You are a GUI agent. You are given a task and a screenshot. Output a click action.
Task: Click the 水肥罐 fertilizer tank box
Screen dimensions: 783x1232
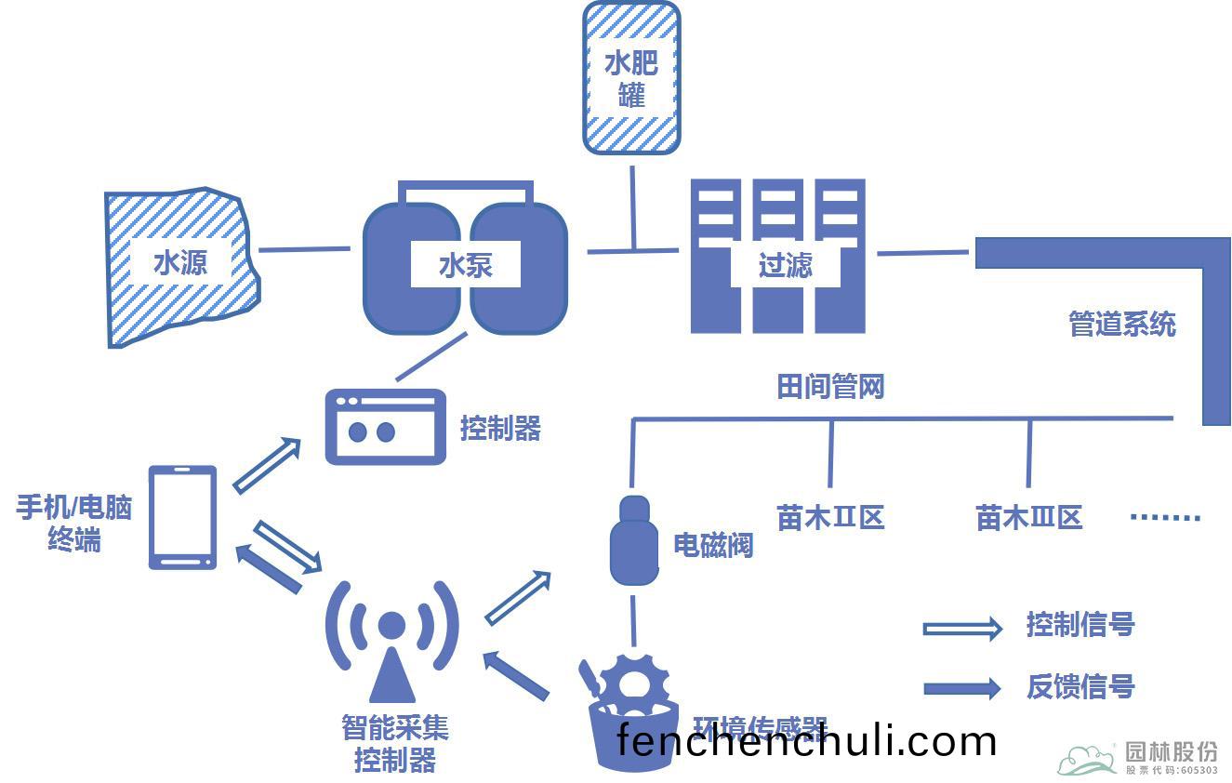click(631, 77)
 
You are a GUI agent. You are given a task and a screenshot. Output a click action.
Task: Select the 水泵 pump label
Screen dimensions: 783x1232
click(465, 266)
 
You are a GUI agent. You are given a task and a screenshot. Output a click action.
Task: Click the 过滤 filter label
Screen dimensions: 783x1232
click(786, 266)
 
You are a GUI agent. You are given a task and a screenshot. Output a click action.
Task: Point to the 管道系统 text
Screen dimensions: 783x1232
click(1122, 325)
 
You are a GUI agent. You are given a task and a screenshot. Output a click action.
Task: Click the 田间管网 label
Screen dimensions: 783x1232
click(830, 387)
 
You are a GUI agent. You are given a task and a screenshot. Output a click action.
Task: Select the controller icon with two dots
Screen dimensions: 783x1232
click(385, 427)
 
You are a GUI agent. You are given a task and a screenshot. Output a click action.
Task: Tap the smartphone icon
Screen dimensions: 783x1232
click(183, 517)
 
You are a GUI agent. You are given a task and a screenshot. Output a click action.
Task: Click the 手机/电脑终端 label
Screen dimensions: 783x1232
click(74, 523)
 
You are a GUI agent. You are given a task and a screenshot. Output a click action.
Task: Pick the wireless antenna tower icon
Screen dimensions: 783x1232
click(391, 642)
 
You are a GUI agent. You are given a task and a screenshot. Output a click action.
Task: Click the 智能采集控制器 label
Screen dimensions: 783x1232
click(395, 744)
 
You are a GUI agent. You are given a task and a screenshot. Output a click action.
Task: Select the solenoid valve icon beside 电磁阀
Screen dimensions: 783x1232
click(634, 541)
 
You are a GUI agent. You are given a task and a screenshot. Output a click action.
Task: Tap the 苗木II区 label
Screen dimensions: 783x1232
click(830, 517)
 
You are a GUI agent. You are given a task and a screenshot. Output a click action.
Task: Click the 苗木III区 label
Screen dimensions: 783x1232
click(1029, 517)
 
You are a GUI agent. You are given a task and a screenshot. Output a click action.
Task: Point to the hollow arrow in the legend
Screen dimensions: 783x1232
click(961, 629)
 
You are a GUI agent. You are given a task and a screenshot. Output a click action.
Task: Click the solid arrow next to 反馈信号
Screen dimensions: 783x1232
click(961, 688)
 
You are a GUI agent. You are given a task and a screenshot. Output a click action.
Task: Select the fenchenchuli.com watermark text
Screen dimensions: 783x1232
click(806, 741)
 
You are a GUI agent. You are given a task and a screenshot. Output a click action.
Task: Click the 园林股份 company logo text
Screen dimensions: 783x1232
click(1171, 751)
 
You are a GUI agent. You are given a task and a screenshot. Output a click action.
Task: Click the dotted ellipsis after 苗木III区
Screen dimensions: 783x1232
click(1165, 518)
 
